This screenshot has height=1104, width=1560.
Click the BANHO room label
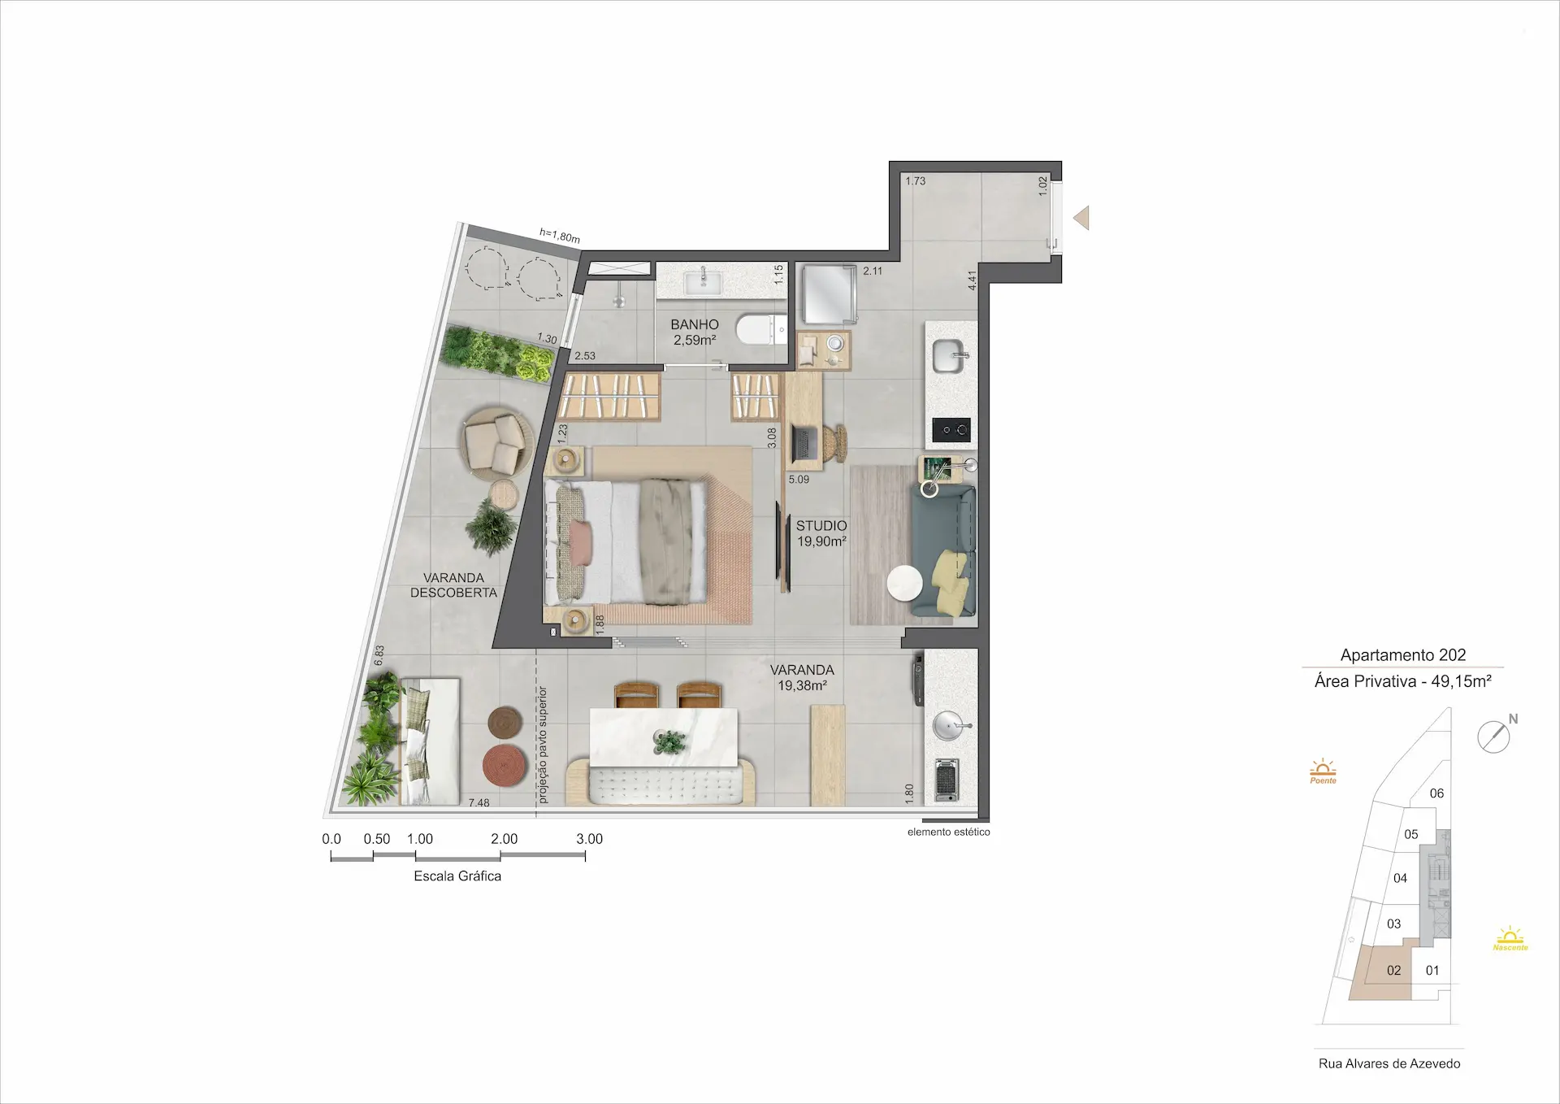[x=695, y=324]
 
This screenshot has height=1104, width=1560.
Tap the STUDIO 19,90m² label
[x=821, y=533]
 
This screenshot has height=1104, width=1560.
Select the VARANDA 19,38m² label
[x=802, y=677]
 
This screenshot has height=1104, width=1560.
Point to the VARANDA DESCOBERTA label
[x=453, y=585]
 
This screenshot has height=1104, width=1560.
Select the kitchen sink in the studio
[x=951, y=356]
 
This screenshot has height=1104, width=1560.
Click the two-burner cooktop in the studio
[x=951, y=430]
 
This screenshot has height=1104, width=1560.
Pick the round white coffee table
[x=904, y=584]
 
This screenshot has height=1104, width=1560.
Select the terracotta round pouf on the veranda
[x=505, y=765]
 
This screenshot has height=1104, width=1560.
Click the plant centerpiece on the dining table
[x=669, y=741]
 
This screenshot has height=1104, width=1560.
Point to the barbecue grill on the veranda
[x=947, y=780]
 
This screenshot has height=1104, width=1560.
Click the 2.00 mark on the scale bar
[x=504, y=839]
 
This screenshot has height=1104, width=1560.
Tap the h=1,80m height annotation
[x=560, y=237]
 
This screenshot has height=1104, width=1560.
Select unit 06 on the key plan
[x=1436, y=793]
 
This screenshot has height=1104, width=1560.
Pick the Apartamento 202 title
[x=1403, y=655]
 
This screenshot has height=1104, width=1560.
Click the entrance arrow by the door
[x=1081, y=218]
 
